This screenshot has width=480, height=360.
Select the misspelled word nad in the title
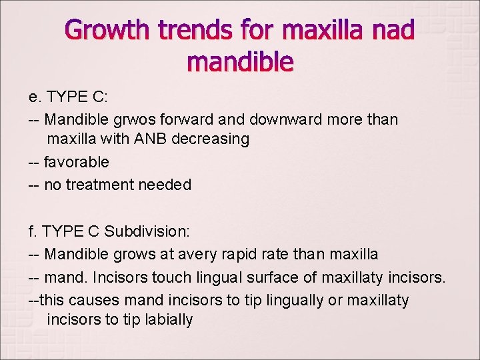(392, 30)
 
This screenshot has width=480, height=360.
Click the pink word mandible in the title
(240, 62)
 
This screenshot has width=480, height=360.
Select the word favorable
(76, 162)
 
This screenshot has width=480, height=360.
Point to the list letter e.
(32, 97)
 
